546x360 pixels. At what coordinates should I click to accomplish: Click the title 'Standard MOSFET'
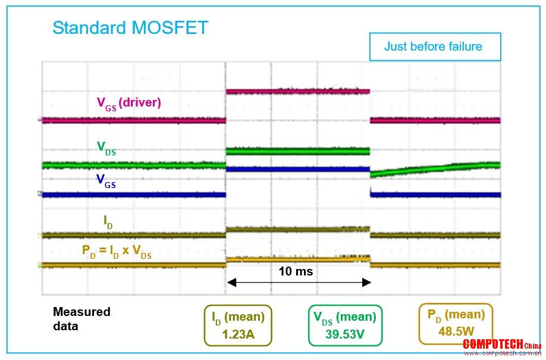coord(130,28)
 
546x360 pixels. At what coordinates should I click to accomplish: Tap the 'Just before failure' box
coord(435,46)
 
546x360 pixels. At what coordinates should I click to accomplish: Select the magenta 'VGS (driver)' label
coord(129,104)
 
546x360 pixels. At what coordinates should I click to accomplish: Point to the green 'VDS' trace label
coord(106,148)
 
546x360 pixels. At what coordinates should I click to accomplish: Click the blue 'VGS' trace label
coord(106,181)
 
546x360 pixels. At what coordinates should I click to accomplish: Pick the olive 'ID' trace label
coord(108,222)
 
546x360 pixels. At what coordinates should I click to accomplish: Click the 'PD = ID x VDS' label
coord(117,251)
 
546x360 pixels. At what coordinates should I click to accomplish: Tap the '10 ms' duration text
coord(296,271)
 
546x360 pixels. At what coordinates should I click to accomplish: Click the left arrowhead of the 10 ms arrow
coord(231,282)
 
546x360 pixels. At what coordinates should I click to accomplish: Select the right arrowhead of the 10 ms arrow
coord(366,282)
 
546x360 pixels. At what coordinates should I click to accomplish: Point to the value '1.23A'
coord(238,334)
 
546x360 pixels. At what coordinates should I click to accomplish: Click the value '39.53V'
coord(345,334)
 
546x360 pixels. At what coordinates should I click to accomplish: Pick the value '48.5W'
coord(456,331)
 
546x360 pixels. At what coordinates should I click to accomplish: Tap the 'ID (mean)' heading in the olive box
coord(238,318)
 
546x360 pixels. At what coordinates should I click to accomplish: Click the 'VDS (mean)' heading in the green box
coord(345,318)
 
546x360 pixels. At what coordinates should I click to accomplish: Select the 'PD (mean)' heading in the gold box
coord(456,315)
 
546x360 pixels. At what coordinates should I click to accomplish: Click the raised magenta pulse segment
coord(298,91)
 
